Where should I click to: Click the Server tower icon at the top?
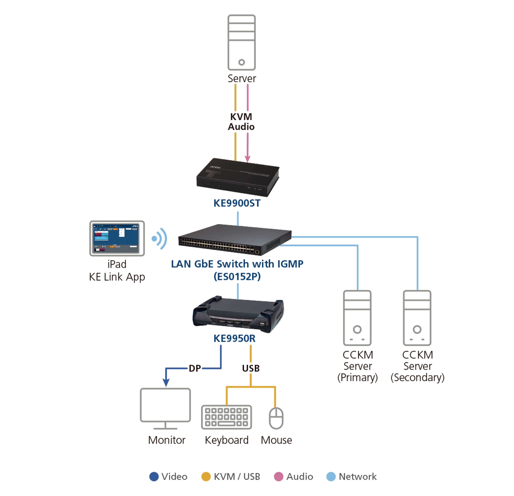[241, 42]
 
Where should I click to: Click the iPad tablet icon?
[117, 238]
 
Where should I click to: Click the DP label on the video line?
[195, 368]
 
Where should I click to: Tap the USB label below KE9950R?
[251, 368]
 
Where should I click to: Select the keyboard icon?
[227, 417]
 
